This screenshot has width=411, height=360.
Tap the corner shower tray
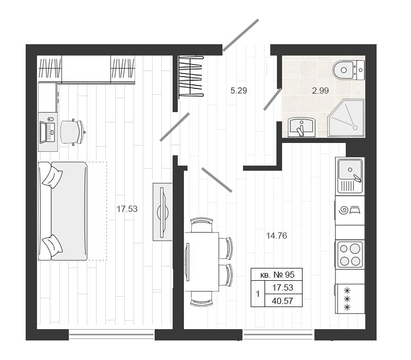(x=346, y=118)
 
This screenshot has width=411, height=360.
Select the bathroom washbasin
(x=302, y=127)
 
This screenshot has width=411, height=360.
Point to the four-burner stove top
(x=350, y=254)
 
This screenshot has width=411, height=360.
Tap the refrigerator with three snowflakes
(x=350, y=299)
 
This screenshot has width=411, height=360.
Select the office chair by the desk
(x=72, y=132)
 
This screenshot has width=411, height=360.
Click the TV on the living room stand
(x=162, y=212)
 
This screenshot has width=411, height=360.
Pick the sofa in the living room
(x=63, y=211)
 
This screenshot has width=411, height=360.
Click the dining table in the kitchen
(x=202, y=262)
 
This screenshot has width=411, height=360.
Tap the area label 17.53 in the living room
(x=127, y=209)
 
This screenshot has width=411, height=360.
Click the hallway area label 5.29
(x=238, y=91)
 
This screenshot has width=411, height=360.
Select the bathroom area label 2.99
(x=320, y=91)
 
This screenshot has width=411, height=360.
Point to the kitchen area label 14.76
(x=276, y=236)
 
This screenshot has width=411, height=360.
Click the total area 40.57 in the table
(x=282, y=301)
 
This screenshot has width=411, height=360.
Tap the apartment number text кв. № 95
(x=277, y=275)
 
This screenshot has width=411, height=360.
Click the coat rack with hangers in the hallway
(x=191, y=76)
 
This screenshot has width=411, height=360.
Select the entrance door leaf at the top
(x=240, y=35)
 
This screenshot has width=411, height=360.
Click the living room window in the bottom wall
(x=111, y=335)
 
